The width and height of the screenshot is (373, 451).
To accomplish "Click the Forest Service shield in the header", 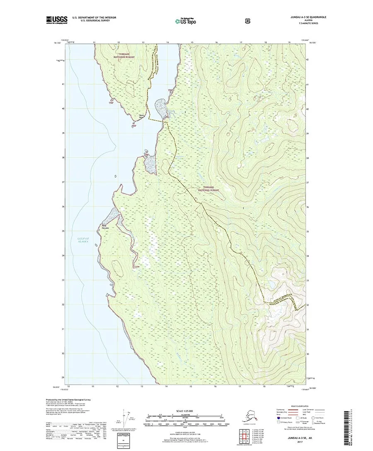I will tap(213, 19).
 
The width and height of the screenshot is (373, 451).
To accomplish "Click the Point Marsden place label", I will tap(102, 227).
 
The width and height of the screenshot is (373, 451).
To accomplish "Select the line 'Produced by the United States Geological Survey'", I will tap(66, 400).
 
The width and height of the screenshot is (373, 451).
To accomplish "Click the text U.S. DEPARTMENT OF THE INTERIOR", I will tap(94, 17).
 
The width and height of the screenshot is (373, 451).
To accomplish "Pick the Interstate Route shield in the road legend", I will tap(275, 418).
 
